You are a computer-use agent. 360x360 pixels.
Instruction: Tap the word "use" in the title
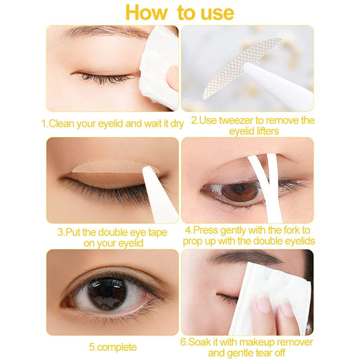pos(213,12)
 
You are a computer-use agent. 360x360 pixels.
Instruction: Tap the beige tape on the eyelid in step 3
pos(108,167)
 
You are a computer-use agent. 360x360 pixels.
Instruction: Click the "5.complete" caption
pos(112,346)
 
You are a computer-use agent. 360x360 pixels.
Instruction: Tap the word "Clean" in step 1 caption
pos(66,124)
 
